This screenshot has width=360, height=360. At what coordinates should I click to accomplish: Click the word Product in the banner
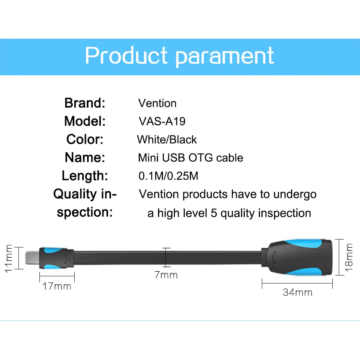(x=126, y=55)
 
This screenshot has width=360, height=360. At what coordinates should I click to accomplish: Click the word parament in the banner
(x=225, y=57)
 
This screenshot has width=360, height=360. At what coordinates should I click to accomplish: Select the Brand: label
(x=85, y=103)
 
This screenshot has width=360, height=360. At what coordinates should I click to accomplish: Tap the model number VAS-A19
(x=162, y=121)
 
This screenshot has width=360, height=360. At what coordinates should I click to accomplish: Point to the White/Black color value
(x=167, y=139)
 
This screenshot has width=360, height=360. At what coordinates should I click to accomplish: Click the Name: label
(x=85, y=158)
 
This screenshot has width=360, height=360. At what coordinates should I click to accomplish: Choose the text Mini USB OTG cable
(x=191, y=158)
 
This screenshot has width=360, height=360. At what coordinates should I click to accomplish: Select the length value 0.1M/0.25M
(x=168, y=176)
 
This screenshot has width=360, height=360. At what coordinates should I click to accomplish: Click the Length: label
(x=85, y=176)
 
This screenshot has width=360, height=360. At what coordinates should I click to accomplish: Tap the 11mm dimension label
(x=9, y=258)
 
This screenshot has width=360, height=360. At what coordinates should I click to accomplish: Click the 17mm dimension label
(x=57, y=286)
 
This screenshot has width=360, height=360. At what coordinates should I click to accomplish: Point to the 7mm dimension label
(x=166, y=275)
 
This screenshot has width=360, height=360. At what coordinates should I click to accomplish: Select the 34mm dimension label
(x=297, y=292)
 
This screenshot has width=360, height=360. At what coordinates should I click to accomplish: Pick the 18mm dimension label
(x=349, y=257)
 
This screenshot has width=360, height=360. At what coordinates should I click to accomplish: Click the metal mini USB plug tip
(x=32, y=258)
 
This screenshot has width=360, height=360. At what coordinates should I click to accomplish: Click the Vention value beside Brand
(x=157, y=103)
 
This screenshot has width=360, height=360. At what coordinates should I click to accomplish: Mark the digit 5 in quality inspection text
(x=214, y=213)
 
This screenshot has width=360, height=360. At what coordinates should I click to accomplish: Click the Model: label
(x=85, y=121)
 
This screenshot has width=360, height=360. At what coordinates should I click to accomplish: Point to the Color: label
(x=85, y=139)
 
